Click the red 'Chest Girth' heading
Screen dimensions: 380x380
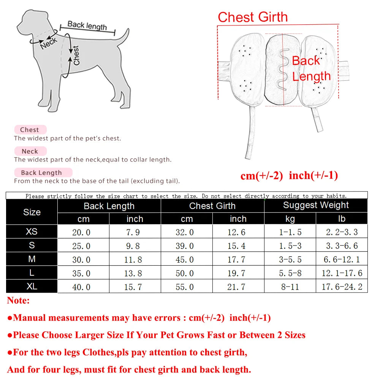[253, 17]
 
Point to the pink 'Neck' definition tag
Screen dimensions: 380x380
[30, 151]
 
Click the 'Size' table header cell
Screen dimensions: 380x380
[32, 212]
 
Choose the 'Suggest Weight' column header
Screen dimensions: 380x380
[316, 206]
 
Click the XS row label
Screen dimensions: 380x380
[32, 232]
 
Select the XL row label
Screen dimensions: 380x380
[32, 287]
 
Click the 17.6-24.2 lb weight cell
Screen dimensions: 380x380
[342, 287]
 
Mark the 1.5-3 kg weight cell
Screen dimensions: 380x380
[290, 246]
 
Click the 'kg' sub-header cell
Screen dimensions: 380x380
[290, 219]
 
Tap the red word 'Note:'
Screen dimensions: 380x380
[18, 301]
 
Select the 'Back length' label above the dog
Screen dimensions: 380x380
[87, 25]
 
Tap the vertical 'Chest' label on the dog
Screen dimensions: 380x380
[76, 55]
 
